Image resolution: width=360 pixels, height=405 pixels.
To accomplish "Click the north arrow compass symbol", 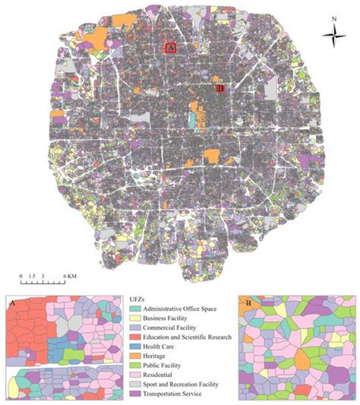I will [x=332, y=33].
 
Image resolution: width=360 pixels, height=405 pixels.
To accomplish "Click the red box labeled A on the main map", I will [x=171, y=47].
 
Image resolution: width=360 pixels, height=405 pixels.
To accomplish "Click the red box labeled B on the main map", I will [x=220, y=88].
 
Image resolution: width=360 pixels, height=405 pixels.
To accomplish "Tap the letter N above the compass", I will [x=333, y=14].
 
